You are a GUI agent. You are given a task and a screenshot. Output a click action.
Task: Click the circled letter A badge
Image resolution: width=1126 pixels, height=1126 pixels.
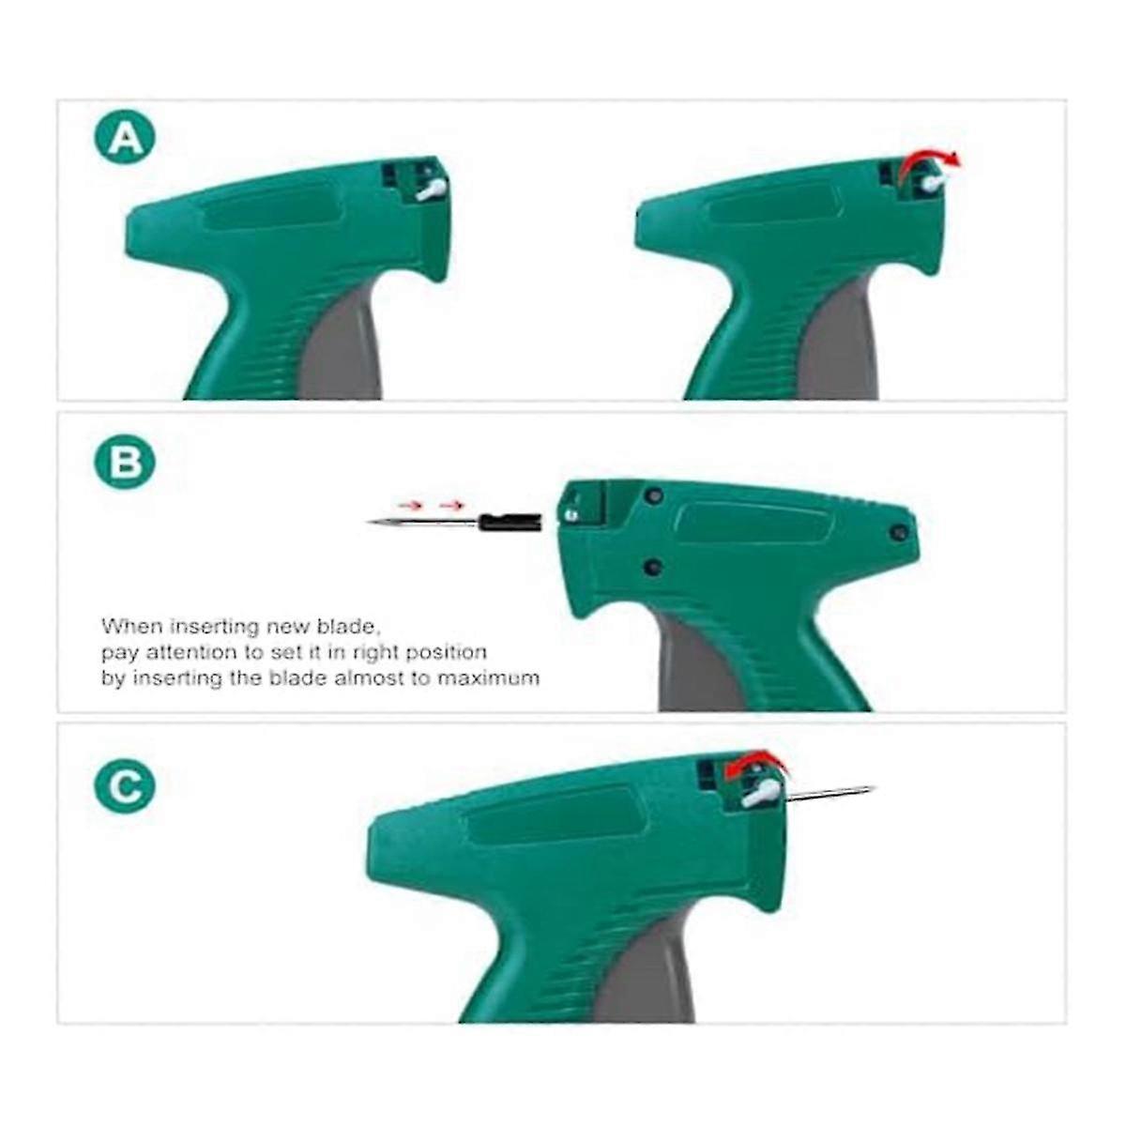pyautogui.click(x=125, y=140)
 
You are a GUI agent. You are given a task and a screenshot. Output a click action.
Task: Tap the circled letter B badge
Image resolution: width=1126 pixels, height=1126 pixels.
pyautogui.click(x=125, y=463)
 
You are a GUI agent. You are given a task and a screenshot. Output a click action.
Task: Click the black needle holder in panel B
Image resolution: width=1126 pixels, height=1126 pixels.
pyautogui.click(x=509, y=522)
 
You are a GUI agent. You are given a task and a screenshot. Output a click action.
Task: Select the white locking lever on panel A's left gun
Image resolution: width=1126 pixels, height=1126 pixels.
pyautogui.click(x=432, y=190)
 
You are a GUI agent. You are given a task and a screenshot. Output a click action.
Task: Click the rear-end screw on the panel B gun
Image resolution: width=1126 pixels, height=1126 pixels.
pyautogui.click(x=899, y=532)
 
